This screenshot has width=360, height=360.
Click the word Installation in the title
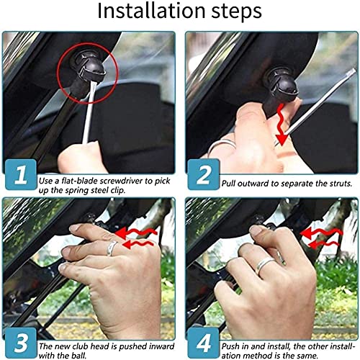tap(151, 11)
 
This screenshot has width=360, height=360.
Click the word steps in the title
tap(236, 12)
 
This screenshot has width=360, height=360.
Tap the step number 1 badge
tap(21, 174)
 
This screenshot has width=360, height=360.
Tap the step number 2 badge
tap(203, 174)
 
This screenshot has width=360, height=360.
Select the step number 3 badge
tap(21, 343)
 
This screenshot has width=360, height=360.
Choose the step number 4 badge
tap(203, 343)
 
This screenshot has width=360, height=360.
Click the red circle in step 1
tap(58, 73)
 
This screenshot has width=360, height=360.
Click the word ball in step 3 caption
tap(79, 355)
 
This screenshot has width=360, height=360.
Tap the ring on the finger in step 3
tap(112, 248)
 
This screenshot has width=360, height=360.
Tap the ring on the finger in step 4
tap(264, 265)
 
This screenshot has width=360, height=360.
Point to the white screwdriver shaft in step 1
tap(89, 112)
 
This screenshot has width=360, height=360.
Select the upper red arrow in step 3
tap(136, 233)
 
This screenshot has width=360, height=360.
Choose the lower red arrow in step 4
tap(323, 244)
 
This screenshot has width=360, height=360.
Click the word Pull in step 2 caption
tap(228, 184)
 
